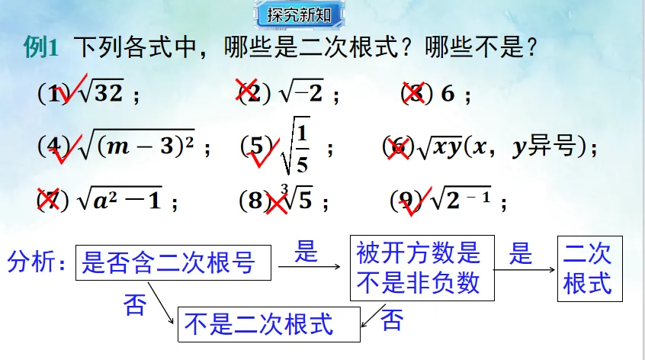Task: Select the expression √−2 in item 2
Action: tap(301, 94)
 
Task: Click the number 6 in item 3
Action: tap(448, 94)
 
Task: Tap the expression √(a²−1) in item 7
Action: tap(122, 201)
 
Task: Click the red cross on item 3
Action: tap(412, 92)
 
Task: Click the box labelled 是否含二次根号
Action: tap(174, 264)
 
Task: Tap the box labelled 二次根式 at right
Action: tap(589, 268)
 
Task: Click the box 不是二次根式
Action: tap(268, 325)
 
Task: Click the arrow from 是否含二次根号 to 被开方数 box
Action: tap(308, 267)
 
